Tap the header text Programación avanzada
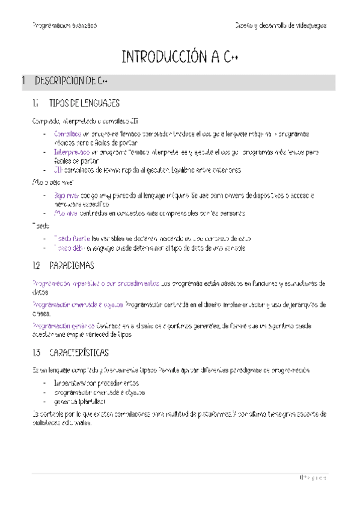pos(65,26)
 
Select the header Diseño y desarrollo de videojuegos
pos(281,26)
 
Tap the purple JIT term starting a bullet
pos(58,170)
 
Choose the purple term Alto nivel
pos(65,213)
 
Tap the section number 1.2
pos(37,265)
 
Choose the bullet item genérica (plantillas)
pos(79,401)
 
